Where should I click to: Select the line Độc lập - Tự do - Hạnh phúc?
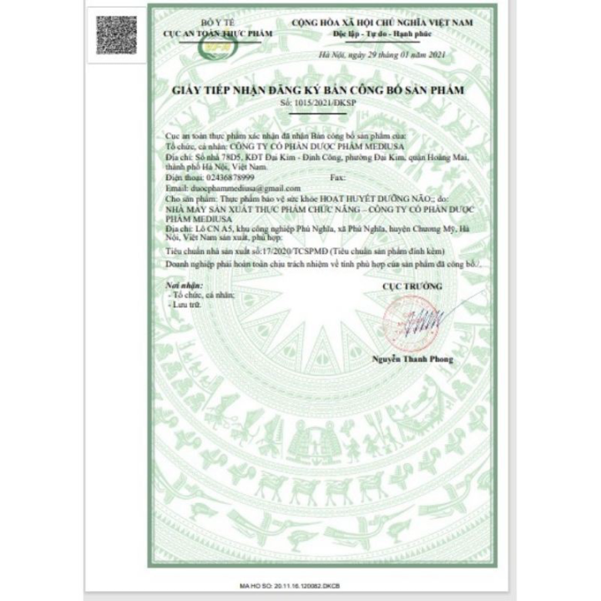pyautogui.click(x=377, y=31)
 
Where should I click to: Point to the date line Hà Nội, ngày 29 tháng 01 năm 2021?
pyautogui.click(x=376, y=56)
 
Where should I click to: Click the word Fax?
pyautogui.click(x=338, y=178)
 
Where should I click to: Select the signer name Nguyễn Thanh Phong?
pyautogui.click(x=412, y=358)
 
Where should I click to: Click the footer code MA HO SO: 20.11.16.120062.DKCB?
pyautogui.click(x=300, y=588)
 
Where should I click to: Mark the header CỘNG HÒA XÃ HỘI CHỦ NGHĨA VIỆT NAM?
pyautogui.click(x=377, y=19)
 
